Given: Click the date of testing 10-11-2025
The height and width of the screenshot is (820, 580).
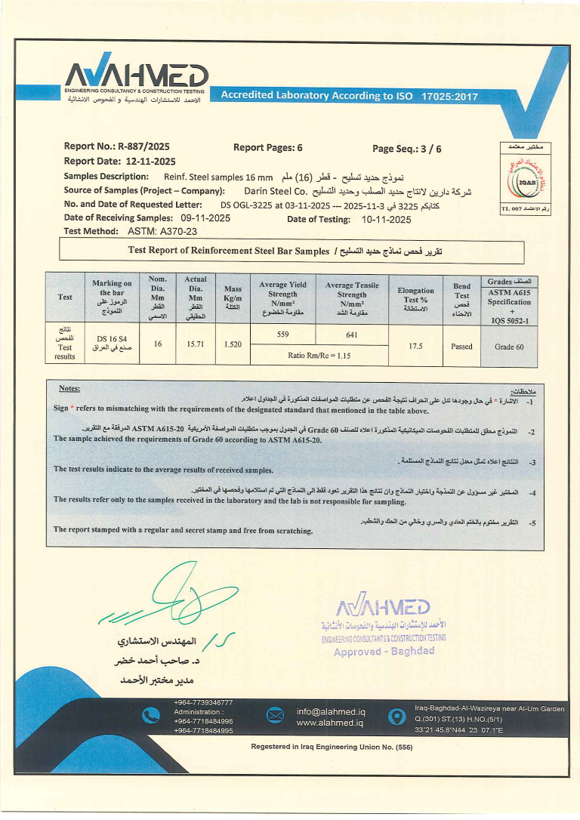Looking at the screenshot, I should pos(386,220).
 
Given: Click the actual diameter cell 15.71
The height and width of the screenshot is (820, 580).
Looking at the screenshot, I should pos(195,344).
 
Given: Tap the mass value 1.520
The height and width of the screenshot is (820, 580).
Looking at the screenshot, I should pos(233,344).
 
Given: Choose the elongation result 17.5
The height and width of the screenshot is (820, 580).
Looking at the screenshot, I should pos(415,346).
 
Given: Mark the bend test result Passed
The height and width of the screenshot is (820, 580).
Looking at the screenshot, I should pos(461,347).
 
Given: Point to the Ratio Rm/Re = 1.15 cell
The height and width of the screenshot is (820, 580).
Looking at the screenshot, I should pos(317,355).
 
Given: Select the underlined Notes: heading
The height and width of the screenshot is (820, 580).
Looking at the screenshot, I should pos(69,388).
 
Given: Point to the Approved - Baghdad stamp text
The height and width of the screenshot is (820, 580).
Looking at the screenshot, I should pos(384,651).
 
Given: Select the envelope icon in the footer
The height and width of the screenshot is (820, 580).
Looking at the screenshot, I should pos(275,717).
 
